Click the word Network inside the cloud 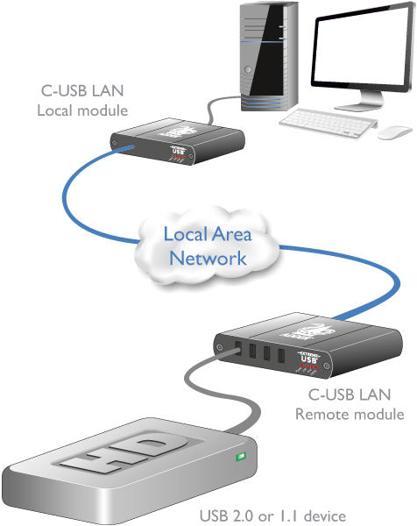208,258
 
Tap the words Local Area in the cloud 208,234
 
